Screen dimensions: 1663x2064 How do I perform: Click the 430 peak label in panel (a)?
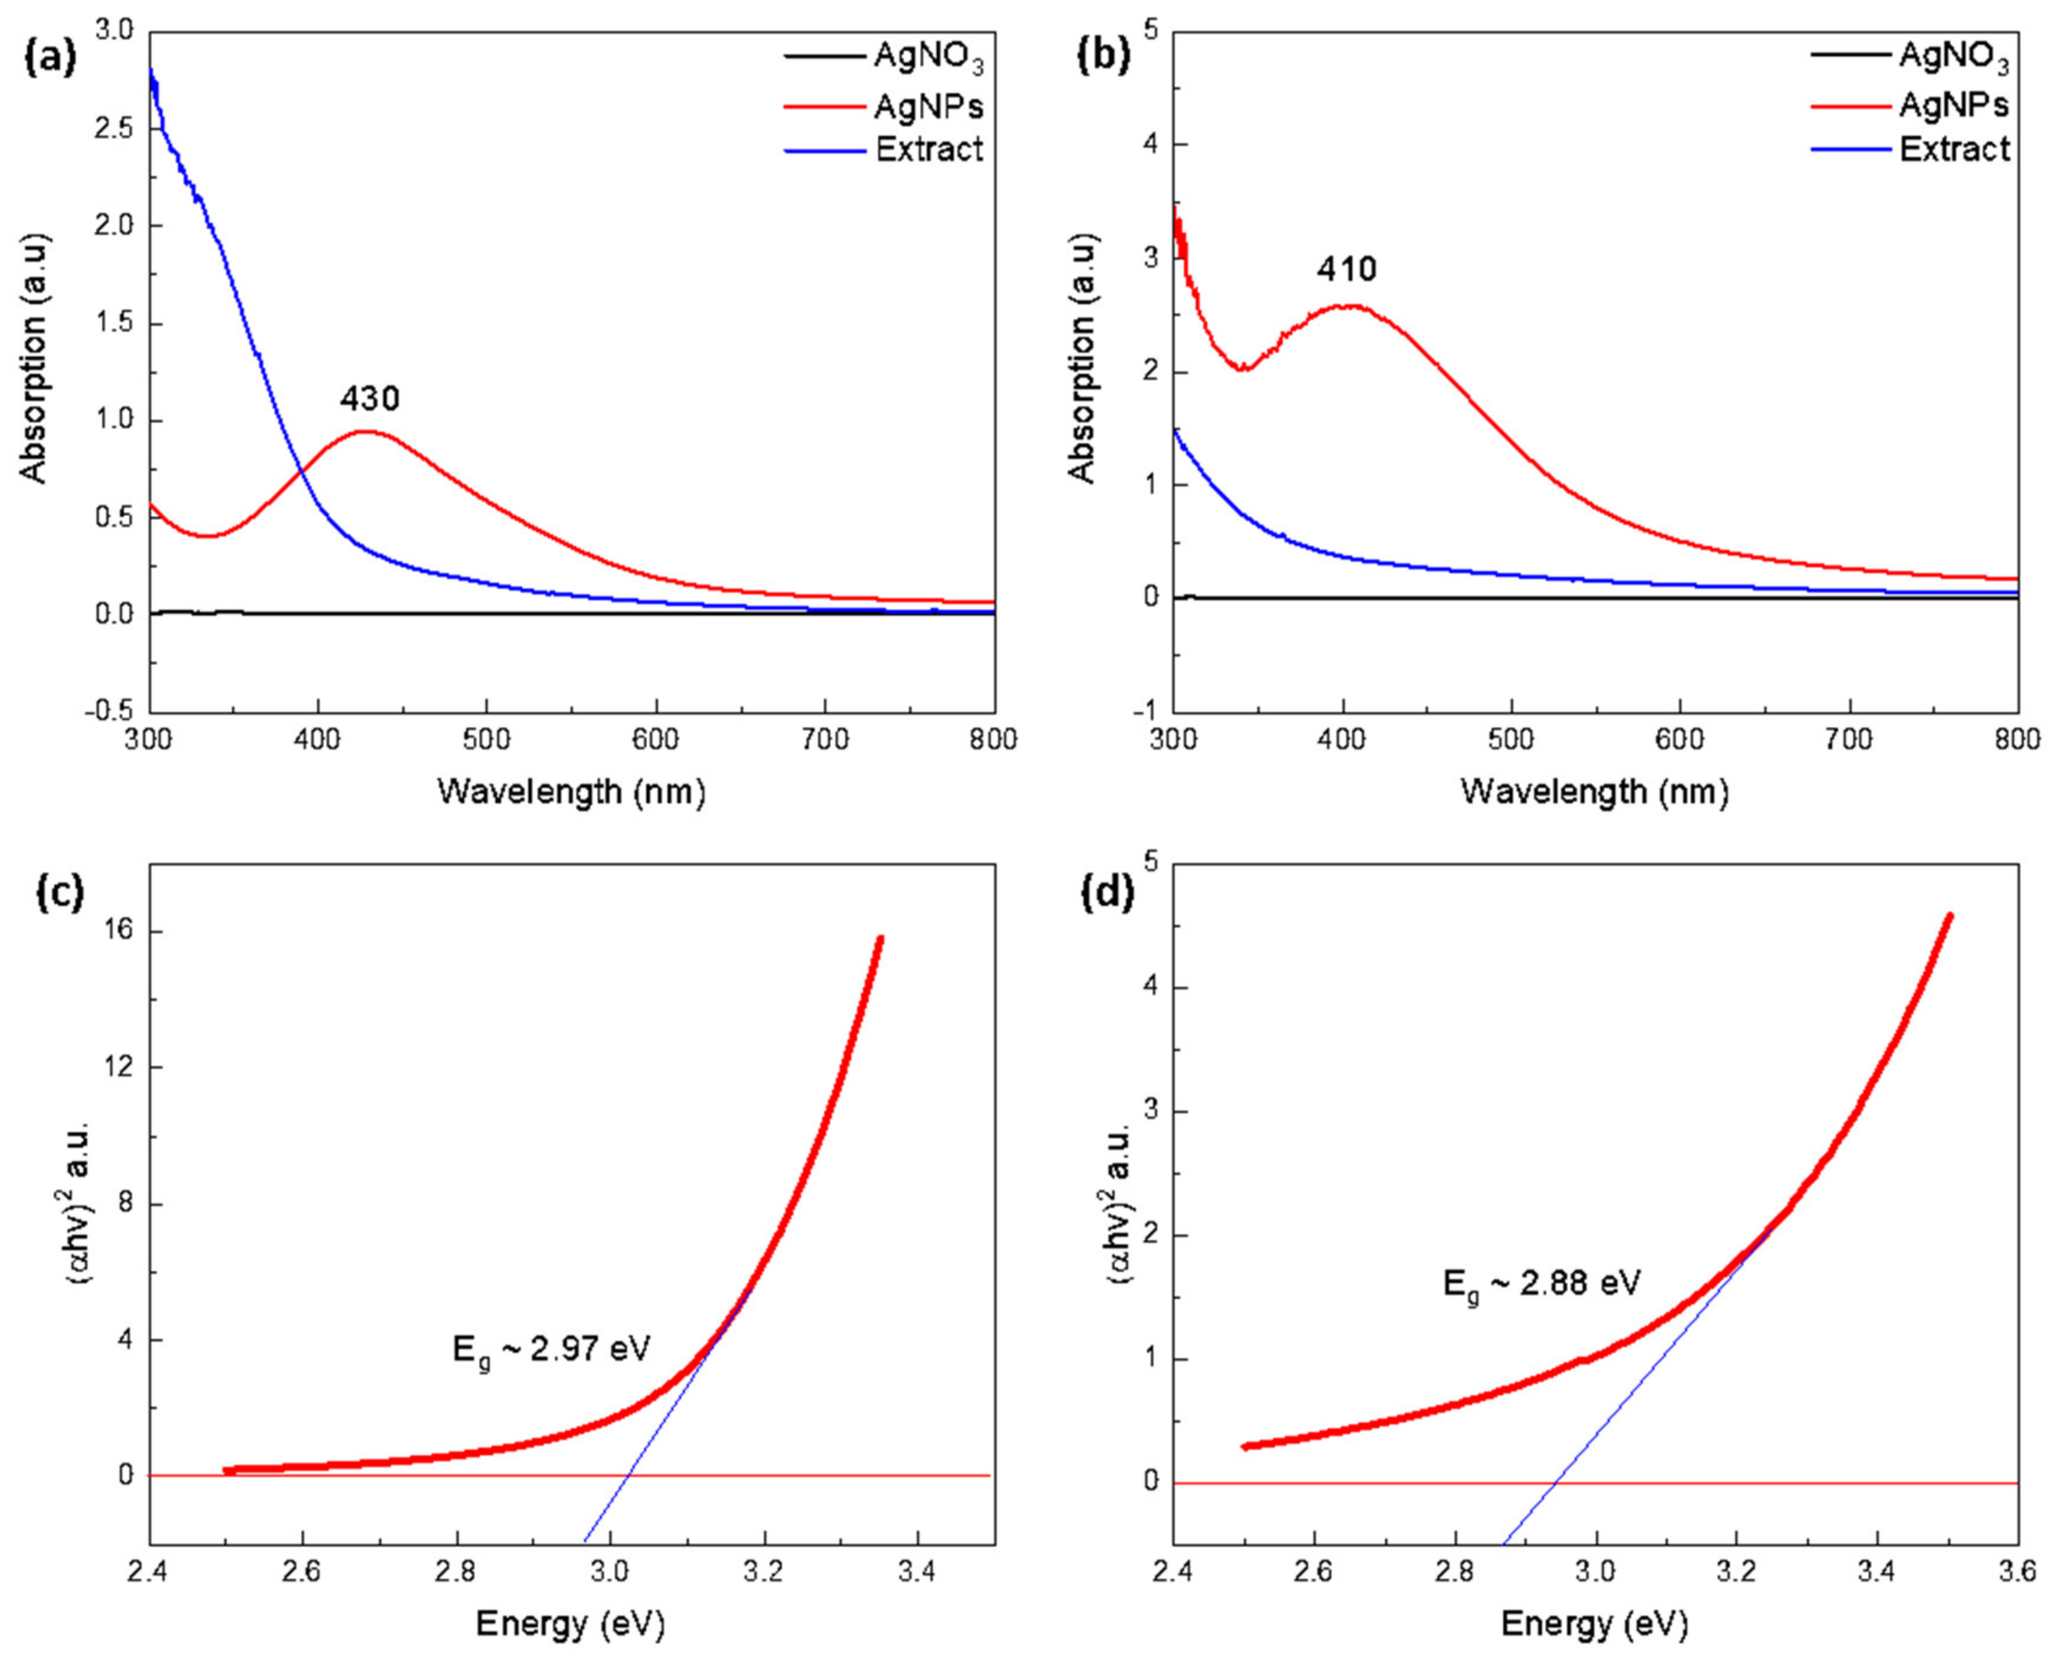point(368,397)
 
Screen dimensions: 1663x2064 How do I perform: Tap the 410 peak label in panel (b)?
point(1346,269)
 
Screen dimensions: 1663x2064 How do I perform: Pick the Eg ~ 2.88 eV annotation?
point(1542,1283)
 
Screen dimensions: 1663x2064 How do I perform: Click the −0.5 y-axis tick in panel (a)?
point(110,711)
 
